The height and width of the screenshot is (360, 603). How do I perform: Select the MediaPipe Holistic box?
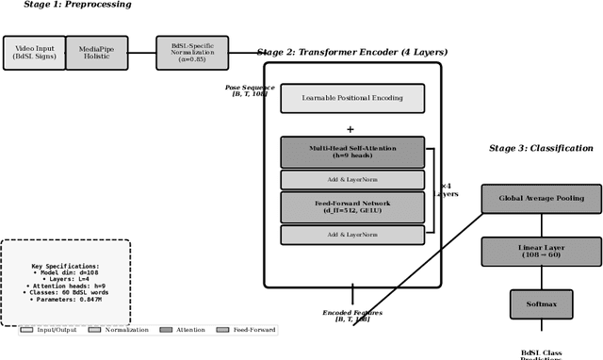[x=96, y=53]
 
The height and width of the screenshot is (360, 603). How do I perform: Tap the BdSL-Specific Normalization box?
[x=191, y=53]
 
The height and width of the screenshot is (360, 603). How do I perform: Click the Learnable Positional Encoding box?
[x=352, y=98]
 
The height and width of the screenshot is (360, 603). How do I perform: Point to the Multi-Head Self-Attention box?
[x=352, y=153]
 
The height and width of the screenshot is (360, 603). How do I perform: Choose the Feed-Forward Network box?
[x=352, y=207]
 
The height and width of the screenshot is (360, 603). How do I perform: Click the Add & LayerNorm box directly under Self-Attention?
[x=352, y=180]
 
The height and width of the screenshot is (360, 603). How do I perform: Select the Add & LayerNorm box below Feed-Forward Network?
[x=352, y=235]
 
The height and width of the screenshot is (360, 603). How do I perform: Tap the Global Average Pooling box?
[x=541, y=198]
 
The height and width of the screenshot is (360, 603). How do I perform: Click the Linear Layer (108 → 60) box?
[x=541, y=252]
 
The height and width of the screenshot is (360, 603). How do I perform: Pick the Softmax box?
[x=541, y=304]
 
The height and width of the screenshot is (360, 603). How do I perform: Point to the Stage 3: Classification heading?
[x=541, y=148]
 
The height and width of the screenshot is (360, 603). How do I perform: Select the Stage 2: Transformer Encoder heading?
[x=352, y=52]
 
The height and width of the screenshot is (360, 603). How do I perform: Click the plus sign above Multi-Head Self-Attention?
[x=350, y=130]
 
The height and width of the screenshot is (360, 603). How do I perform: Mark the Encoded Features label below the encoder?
[x=353, y=316]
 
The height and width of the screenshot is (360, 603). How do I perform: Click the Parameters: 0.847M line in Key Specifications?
[x=65, y=300]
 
